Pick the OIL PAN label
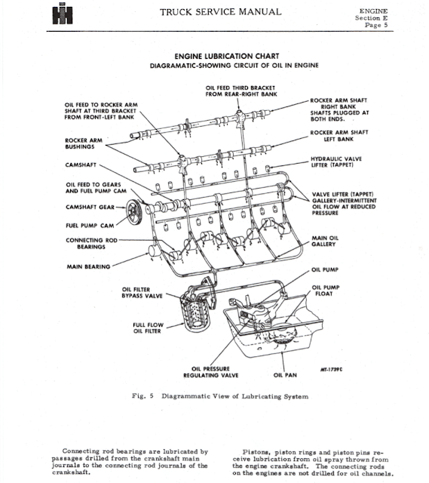tap(284, 374)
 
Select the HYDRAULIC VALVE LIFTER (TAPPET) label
tap(342, 162)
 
